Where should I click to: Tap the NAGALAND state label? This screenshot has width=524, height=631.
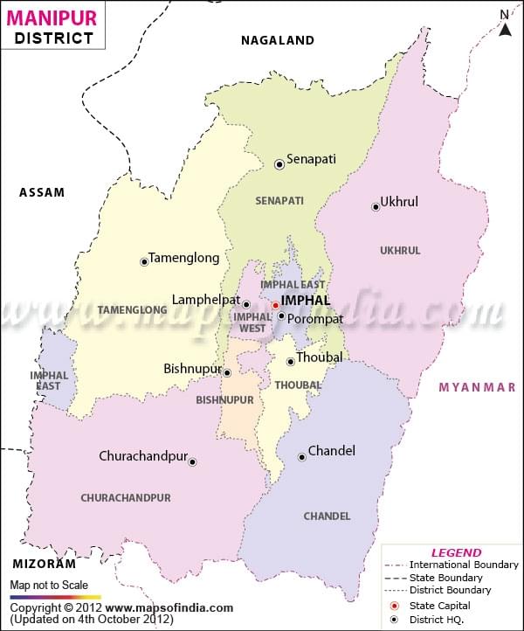(278, 40)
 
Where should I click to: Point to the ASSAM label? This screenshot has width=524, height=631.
(42, 192)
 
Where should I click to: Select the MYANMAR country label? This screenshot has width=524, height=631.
(477, 387)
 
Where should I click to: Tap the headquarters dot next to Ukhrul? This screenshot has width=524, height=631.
(376, 207)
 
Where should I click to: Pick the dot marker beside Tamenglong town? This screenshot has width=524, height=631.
(144, 261)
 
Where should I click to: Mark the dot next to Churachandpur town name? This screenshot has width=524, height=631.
(192, 461)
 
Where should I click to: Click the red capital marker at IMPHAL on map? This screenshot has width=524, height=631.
(275, 305)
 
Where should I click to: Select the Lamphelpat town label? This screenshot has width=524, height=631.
(206, 300)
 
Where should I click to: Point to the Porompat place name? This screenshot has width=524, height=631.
(315, 319)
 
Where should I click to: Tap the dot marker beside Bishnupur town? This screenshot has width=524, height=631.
(227, 372)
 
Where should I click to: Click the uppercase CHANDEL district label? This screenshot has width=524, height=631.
(327, 517)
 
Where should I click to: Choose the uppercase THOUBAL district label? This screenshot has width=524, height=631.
(298, 385)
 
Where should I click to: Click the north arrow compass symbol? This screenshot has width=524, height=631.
(505, 24)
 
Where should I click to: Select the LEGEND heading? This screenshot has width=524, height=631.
(456, 552)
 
